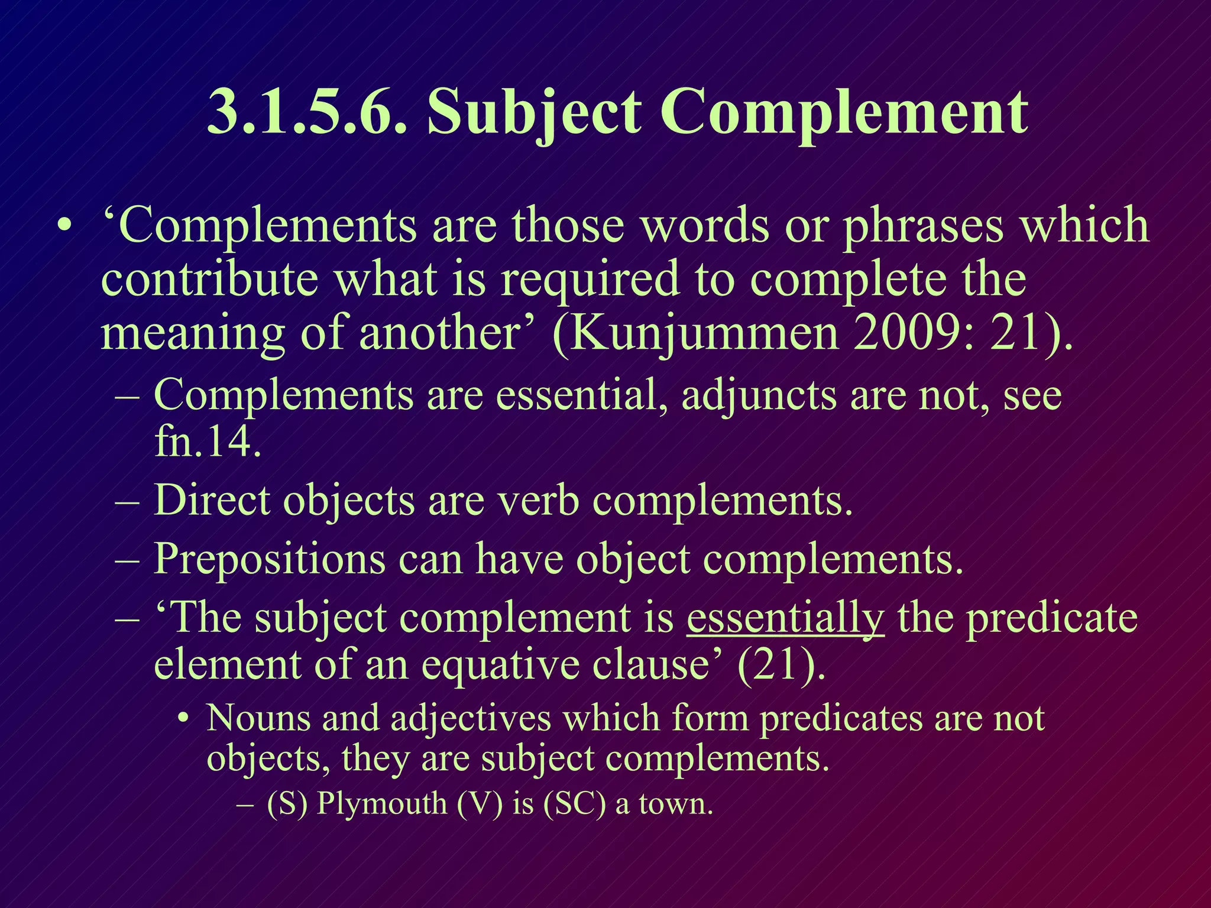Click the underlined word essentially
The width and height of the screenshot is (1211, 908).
point(785,618)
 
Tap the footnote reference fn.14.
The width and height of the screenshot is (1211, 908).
point(208,441)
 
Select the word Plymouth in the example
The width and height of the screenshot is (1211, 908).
point(381,804)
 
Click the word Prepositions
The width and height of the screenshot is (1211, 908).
point(269,559)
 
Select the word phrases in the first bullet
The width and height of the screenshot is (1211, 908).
point(923,226)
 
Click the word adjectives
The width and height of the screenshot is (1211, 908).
point(471,718)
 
